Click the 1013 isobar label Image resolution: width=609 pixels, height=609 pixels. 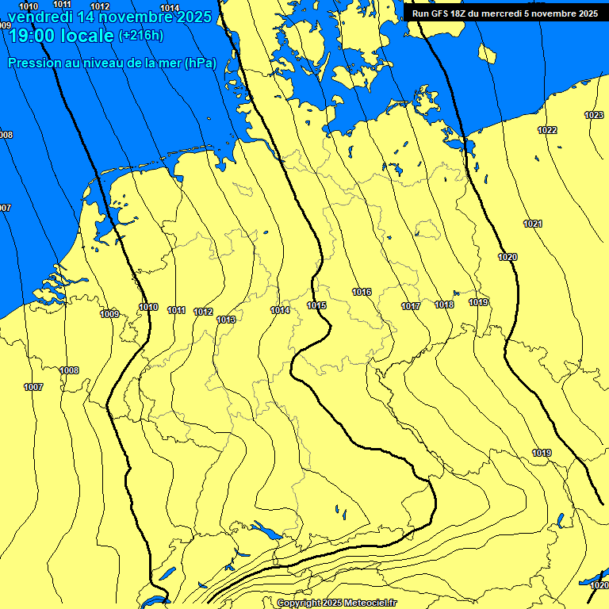226,320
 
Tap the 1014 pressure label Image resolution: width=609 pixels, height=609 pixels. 280,310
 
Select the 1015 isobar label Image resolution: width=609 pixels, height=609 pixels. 316,305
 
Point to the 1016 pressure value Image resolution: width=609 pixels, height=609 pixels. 362,293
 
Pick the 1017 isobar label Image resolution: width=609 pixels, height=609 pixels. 410,306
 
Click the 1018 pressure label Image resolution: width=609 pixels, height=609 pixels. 444,304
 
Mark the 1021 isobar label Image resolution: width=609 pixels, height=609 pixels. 533,224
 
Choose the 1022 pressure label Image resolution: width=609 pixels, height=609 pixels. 547,130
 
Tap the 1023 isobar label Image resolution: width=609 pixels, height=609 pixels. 593,115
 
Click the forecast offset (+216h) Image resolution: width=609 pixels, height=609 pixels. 140,36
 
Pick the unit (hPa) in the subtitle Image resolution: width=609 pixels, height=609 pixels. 200,63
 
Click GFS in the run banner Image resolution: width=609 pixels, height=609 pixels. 440,13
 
